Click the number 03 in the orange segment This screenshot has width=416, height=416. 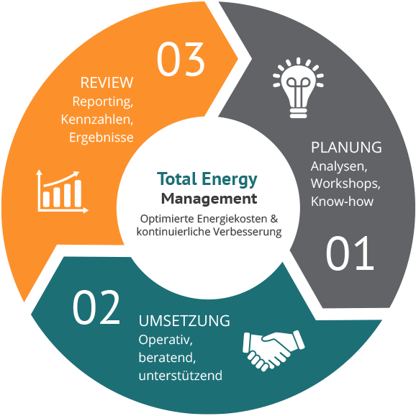click(181, 59)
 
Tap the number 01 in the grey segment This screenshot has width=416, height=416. click(350, 253)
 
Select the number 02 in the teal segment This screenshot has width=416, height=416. click(96, 307)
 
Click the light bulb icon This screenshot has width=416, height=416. click(298, 88)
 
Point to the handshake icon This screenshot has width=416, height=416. click(273, 351)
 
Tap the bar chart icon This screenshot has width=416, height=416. click(62, 191)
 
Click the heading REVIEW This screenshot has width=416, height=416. click(107, 83)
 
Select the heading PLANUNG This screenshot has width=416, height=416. click(346, 148)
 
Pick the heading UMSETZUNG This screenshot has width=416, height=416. click(184, 321)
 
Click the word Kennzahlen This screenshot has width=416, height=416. click(97, 119)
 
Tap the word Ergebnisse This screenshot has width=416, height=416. click(101, 137)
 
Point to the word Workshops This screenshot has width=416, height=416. click(345, 184)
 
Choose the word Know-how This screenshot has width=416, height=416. click(343, 202)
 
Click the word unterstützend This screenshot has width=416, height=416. click(181, 376)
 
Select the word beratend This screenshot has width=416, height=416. click(167, 358)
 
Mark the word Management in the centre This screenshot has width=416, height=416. click(209, 199)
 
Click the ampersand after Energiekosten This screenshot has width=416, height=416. click(273, 219)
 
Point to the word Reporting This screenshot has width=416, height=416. click(103, 102)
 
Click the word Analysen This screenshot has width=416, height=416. click(339, 166)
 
